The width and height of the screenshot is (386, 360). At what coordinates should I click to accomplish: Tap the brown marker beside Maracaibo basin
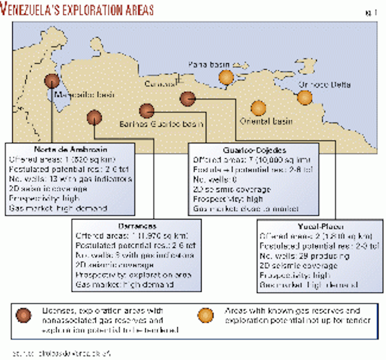point(52,80)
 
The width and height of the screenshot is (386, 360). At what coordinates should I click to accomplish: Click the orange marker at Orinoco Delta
point(305,97)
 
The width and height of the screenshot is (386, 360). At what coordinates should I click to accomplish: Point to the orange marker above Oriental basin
point(258,108)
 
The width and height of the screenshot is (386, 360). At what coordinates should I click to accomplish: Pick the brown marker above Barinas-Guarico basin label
point(146,111)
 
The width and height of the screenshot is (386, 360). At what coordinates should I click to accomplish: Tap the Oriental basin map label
point(266,121)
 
